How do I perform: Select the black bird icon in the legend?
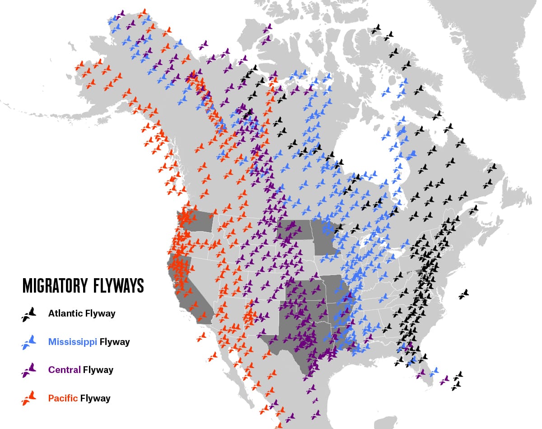[28, 314]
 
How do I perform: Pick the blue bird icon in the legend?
[28, 342]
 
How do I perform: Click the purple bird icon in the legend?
[28, 370]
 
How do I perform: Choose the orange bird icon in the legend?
[28, 398]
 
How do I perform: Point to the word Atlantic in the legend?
[65, 313]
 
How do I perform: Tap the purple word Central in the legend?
[64, 370]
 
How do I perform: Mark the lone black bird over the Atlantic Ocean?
[464, 294]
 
